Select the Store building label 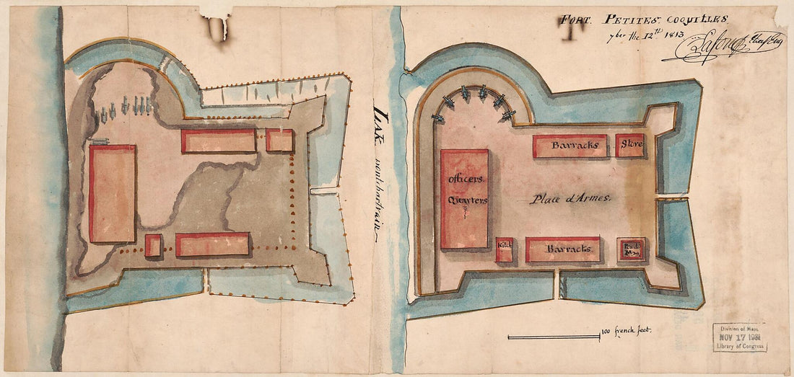pos(630,146)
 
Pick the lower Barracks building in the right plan pos(563,249)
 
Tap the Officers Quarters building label pos(464,189)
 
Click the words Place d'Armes pos(571,198)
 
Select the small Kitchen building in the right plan pos(504,249)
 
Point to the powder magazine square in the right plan pos(632,249)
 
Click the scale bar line pos(553,336)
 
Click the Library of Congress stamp pos(740,337)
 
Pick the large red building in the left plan pos(113,193)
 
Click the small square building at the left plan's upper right pos(279,140)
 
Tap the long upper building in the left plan pos(219,141)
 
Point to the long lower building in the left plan pos(212,244)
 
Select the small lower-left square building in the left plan pos(152,245)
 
